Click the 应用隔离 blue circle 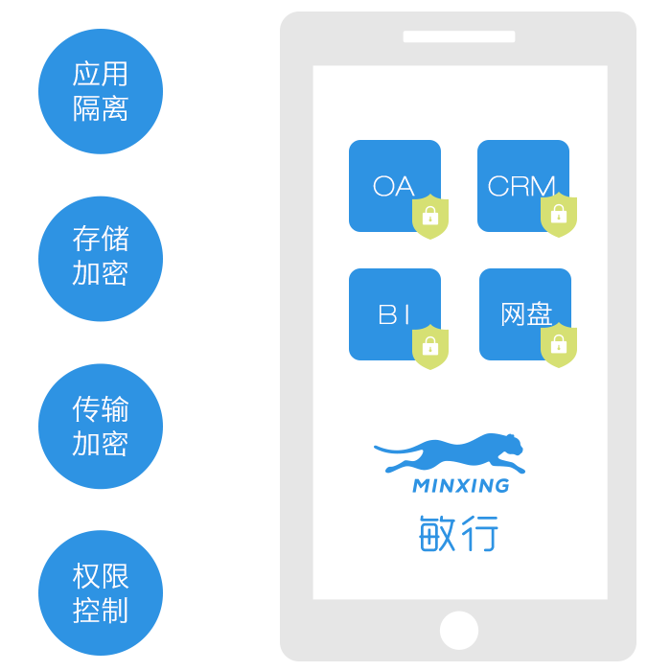[101, 91]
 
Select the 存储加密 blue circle [101, 259]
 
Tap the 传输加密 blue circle [101, 427]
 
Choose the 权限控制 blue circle [101, 593]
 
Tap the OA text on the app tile [394, 186]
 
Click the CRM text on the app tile [521, 186]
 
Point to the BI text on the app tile [394, 314]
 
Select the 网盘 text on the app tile [526, 313]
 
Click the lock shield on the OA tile [430, 217]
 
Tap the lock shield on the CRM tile [559, 215]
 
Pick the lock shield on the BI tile [430, 347]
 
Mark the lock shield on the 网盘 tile [559, 345]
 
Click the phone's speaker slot [459, 36]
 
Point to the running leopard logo [450, 453]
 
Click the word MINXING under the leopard [461, 486]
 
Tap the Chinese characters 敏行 [458, 533]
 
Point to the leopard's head [511, 445]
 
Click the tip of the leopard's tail [376, 448]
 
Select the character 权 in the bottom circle [86, 576]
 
